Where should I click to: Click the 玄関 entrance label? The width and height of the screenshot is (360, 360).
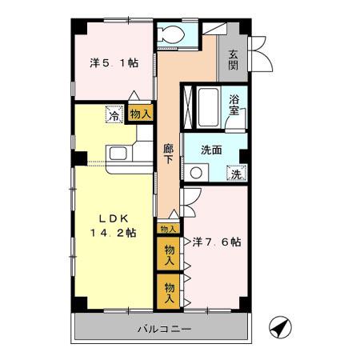click(x=233, y=60)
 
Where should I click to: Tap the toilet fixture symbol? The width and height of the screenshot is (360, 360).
click(x=170, y=34)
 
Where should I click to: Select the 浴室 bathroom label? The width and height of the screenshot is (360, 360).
click(x=234, y=105)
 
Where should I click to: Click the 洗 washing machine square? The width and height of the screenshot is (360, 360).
click(x=236, y=173)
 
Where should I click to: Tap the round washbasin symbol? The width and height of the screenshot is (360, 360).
click(x=197, y=172)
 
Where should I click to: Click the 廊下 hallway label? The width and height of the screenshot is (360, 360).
click(x=168, y=153)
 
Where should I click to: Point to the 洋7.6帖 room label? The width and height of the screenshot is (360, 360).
click(x=217, y=241)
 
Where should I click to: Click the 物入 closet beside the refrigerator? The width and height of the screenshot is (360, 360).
click(x=140, y=114)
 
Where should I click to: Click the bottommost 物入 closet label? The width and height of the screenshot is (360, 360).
click(x=169, y=288)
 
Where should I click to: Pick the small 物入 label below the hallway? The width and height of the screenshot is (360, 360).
click(x=168, y=229)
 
